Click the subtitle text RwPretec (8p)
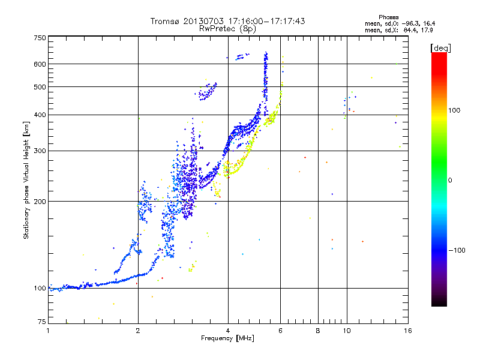tap(227, 29)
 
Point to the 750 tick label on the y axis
tap(40, 38)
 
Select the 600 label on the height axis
tap(40, 64)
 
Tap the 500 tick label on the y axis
tap(40, 87)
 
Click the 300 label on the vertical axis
tap(40, 151)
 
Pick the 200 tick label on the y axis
tap(40, 202)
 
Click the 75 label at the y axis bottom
tap(41, 322)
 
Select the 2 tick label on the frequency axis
tap(138, 331)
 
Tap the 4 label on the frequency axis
tap(228, 331)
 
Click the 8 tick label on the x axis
tap(318, 331)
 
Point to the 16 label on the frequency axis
tap(408, 331)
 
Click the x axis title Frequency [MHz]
tap(227, 338)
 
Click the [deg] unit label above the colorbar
tap(440, 48)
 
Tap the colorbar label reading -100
tap(457, 250)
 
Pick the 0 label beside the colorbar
tap(450, 181)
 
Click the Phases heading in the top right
tap(388, 17)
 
